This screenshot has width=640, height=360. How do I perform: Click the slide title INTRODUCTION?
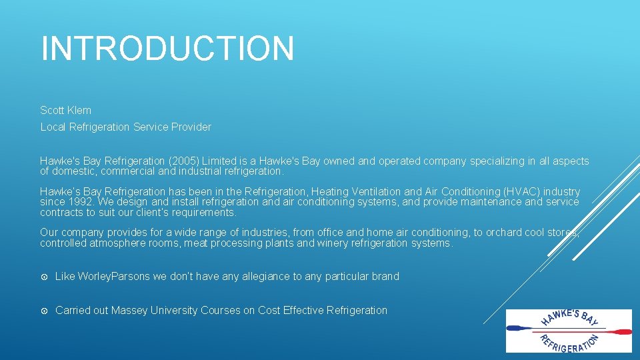pyautogui.click(x=167, y=49)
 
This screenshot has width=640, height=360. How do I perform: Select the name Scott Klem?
pyautogui.click(x=65, y=110)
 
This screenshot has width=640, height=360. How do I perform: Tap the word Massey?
pyautogui.click(x=129, y=310)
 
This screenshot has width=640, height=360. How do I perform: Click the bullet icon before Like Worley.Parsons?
pyautogui.click(x=44, y=276)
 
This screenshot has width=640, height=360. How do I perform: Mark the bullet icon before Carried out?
pyautogui.click(x=44, y=310)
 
